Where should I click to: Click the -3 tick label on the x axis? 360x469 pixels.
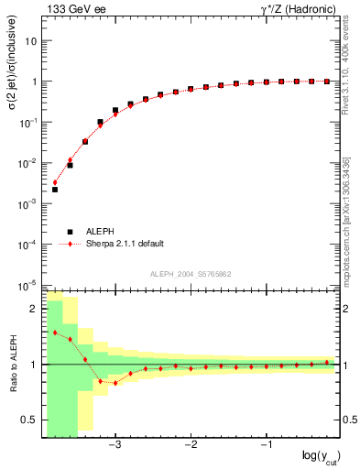tap(115, 445)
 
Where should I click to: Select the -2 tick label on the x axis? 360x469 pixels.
tap(191, 445)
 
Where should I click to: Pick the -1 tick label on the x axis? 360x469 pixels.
tap(266, 445)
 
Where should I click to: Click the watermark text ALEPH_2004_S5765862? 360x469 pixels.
tap(190, 274)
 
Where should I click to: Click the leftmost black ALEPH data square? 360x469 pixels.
tap(55, 190)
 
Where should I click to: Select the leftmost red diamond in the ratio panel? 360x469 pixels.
tap(55, 333)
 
